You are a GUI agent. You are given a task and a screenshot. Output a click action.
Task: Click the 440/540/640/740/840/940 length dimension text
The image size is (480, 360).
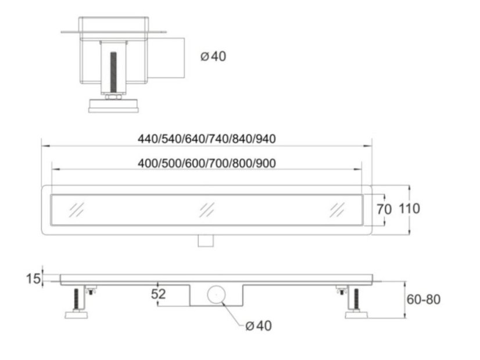[x=207, y=139]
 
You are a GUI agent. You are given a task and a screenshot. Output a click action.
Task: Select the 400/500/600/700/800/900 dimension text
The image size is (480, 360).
[x=207, y=163]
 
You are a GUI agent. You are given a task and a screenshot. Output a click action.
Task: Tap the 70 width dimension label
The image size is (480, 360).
[x=384, y=210]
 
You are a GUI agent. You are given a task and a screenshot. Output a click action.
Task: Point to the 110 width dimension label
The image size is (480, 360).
[x=409, y=208]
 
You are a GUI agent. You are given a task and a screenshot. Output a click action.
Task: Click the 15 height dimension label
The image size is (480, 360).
[x=33, y=279]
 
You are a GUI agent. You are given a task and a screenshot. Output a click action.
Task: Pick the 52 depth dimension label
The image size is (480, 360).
[x=158, y=294]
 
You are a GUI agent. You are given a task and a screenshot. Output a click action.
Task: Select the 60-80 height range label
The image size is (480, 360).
[x=424, y=300]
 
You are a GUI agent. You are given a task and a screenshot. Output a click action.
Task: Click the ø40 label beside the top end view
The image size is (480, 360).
[x=213, y=56]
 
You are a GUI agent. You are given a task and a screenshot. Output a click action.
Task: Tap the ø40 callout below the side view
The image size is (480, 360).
[x=259, y=326]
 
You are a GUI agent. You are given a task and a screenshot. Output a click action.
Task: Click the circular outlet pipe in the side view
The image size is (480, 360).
[x=216, y=294]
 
